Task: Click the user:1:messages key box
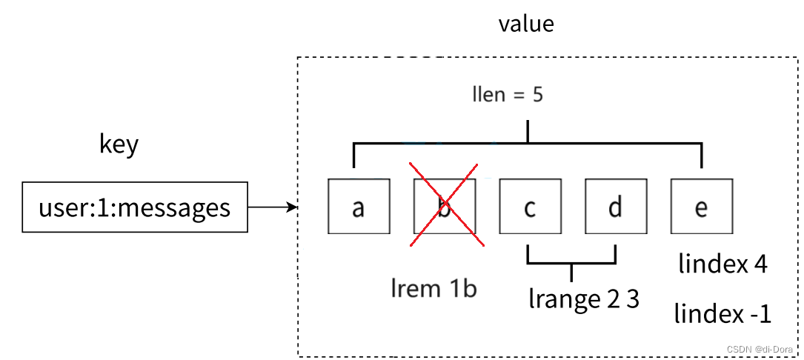(134, 207)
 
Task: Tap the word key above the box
(119, 144)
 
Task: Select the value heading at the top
(526, 24)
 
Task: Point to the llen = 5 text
(508, 95)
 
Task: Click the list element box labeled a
(359, 207)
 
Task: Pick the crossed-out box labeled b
(444, 207)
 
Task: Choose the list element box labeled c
(529, 207)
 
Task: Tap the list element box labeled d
(614, 207)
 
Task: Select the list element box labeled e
(700, 207)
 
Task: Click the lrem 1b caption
(433, 287)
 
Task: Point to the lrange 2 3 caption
(583, 299)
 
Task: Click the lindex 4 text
(722, 263)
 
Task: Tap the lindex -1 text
(722, 314)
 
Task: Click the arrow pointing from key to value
(272, 208)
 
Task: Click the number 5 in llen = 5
(536, 95)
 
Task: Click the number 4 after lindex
(759, 263)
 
